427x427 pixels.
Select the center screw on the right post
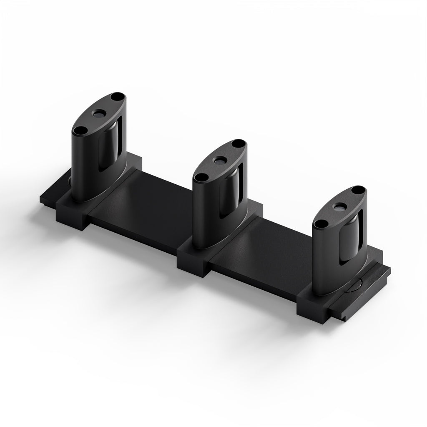point(339,207)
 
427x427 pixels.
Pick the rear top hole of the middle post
point(238,144)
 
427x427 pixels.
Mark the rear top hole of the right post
point(357,191)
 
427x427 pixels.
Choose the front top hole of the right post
point(320,224)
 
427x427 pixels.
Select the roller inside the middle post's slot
point(230,190)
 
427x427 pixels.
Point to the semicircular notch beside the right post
point(354,286)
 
